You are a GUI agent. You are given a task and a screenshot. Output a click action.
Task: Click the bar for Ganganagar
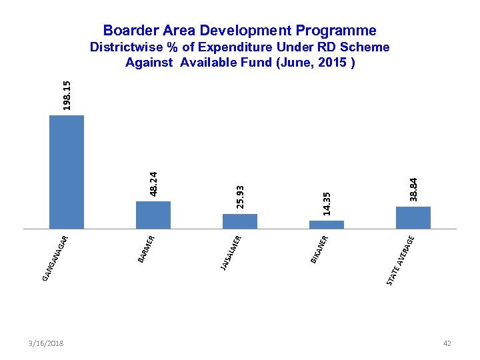pyautogui.click(x=67, y=172)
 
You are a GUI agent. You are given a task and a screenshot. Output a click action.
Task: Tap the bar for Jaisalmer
pyautogui.click(x=240, y=221)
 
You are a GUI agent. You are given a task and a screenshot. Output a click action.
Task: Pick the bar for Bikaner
pyautogui.click(x=327, y=224)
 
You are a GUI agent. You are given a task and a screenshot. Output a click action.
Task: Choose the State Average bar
pyautogui.click(x=413, y=217)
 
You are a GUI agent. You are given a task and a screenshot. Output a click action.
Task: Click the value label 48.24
pyautogui.click(x=153, y=184)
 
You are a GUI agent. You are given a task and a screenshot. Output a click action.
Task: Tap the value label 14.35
pyautogui.click(x=327, y=203)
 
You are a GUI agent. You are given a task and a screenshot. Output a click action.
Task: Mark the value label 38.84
pyautogui.click(x=414, y=189)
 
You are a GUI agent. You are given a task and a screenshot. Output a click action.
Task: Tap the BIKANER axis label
pyautogui.click(x=319, y=249)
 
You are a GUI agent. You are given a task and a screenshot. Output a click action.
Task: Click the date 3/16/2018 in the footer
pyautogui.click(x=47, y=343)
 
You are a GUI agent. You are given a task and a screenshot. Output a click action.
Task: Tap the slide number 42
pyautogui.click(x=447, y=343)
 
